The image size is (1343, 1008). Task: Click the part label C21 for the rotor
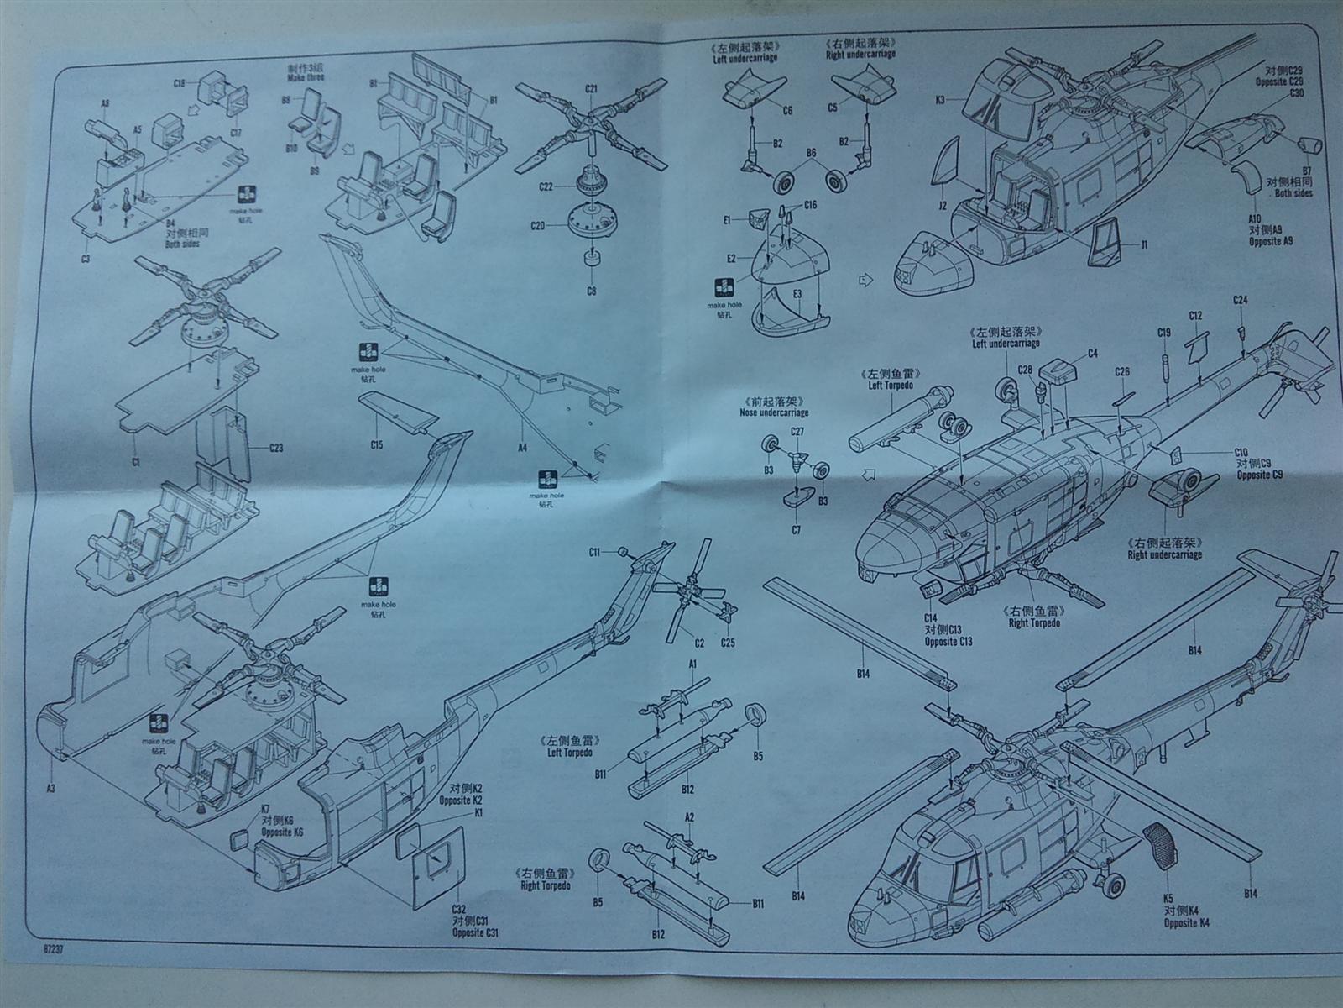click(591, 88)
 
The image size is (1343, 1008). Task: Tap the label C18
click(179, 83)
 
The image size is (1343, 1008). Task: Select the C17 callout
click(236, 132)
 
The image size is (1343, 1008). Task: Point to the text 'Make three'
click(305, 77)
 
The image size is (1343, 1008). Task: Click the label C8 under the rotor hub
click(591, 291)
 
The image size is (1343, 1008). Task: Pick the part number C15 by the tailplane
click(375, 444)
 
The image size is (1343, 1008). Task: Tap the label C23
click(276, 448)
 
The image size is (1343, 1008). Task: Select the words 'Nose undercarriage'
click(773, 412)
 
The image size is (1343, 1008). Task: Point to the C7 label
click(796, 530)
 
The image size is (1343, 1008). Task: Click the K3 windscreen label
click(940, 101)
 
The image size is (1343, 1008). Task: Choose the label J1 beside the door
click(1143, 244)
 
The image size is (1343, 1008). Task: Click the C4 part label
click(1092, 354)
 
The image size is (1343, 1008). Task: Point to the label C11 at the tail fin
click(594, 552)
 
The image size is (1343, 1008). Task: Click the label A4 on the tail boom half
click(522, 448)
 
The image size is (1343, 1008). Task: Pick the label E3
click(797, 293)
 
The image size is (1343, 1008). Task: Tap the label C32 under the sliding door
click(458, 909)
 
